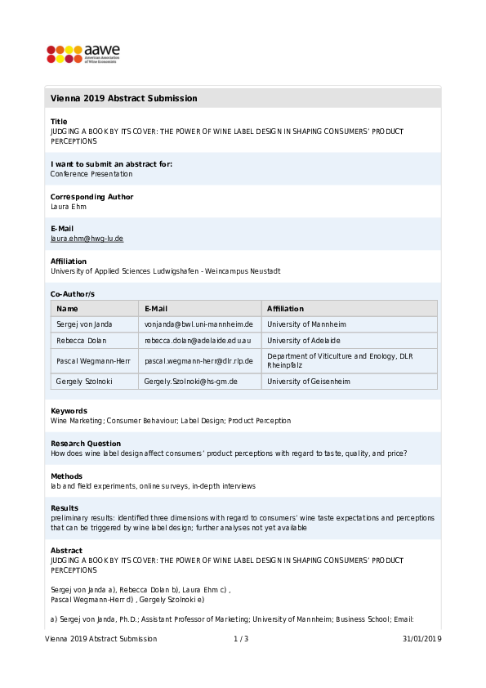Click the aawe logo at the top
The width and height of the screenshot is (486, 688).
tap(82, 54)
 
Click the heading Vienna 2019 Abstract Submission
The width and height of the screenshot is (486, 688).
tap(123, 98)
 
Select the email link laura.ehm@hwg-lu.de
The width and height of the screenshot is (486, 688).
tap(87, 239)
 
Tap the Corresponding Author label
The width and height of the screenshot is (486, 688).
tap(91, 197)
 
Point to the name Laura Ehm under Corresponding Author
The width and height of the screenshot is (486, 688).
tap(68, 207)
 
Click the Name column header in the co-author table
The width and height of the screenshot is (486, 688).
tap(67, 309)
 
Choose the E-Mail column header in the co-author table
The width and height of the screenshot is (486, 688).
tap(156, 309)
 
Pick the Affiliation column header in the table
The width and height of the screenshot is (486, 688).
tap(285, 309)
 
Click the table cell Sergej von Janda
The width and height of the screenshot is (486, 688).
tap(84, 324)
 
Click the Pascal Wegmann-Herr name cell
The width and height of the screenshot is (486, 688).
tap(93, 361)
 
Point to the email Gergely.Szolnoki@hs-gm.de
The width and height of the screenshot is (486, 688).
tap(190, 382)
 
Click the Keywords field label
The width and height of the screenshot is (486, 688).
tap(69, 411)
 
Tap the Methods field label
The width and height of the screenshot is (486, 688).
tap(66, 476)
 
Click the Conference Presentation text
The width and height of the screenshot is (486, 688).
tap(91, 174)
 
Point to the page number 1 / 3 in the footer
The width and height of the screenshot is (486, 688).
tap(241, 639)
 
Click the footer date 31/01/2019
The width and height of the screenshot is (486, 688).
tap(421, 639)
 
